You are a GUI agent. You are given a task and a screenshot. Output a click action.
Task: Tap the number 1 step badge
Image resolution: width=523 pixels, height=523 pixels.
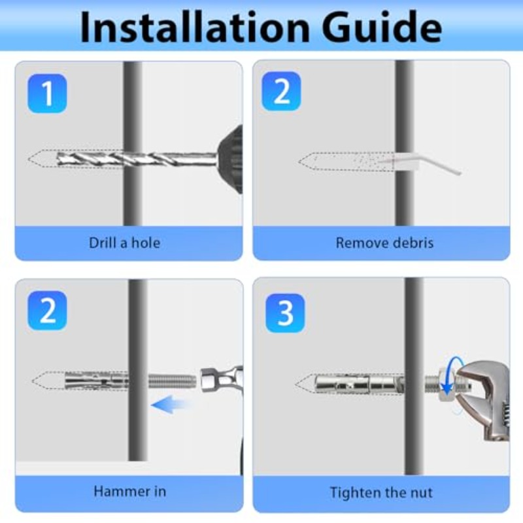[47, 93]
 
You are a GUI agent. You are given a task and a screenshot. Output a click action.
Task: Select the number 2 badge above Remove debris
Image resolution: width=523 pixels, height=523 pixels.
[282, 91]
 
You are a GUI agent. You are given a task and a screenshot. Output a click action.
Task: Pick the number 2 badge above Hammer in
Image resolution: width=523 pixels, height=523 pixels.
[47, 311]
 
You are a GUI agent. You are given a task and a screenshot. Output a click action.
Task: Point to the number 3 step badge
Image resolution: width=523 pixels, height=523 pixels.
[285, 313]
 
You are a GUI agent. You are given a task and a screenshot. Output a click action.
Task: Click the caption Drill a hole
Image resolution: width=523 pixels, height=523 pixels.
[124, 243]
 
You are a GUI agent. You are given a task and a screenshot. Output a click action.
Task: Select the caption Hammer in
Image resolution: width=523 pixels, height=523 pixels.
[129, 492]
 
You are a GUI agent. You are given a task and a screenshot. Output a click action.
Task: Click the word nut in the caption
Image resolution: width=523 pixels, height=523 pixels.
[421, 493]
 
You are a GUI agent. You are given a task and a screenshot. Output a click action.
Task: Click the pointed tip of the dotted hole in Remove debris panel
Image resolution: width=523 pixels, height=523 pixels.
[299, 162]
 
